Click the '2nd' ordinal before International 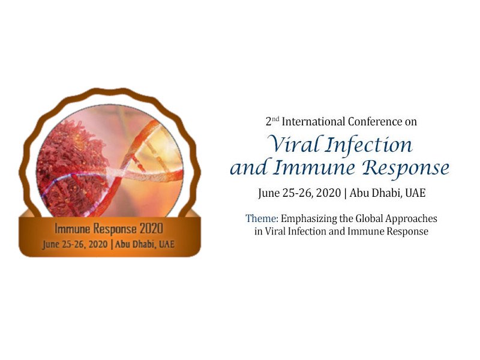pyautogui.click(x=272, y=121)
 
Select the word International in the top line pyautogui.click(x=314, y=122)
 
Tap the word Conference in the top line pyautogui.click(x=376, y=122)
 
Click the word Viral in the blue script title pyautogui.click(x=293, y=144)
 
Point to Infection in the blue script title pyautogui.click(x=368, y=145)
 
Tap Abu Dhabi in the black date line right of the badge pyautogui.click(x=375, y=193)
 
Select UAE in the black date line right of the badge pyautogui.click(x=415, y=193)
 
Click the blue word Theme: pyautogui.click(x=262, y=218)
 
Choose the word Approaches pyautogui.click(x=411, y=219)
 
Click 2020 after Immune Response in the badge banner pyautogui.click(x=151, y=229)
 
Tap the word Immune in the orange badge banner pyautogui.click(x=73, y=229)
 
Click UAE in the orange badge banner pyautogui.click(x=167, y=244)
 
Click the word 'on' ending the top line pyautogui.click(x=411, y=122)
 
